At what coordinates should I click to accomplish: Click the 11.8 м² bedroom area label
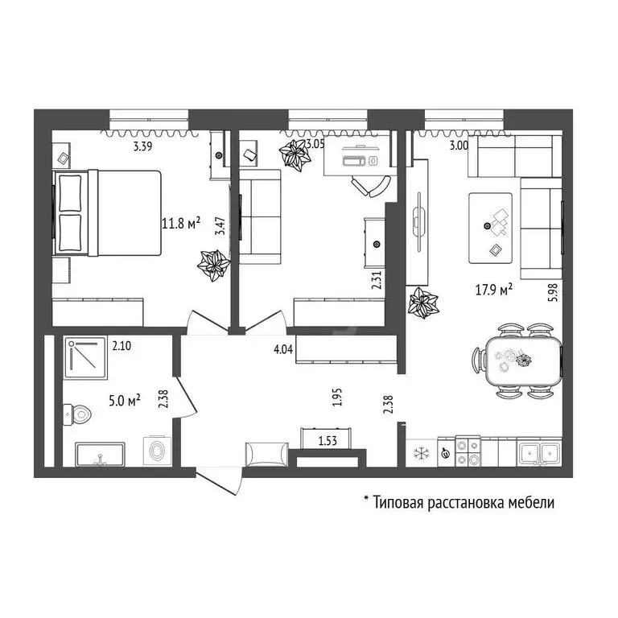pyautogui.click(x=181, y=224)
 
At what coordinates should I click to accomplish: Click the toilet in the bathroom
pyautogui.click(x=77, y=415)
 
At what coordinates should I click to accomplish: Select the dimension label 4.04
pyautogui.click(x=282, y=349)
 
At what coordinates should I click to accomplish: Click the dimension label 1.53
pyautogui.click(x=328, y=440)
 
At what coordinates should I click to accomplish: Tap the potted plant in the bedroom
pyautogui.click(x=214, y=265)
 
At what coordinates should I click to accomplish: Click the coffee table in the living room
pyautogui.click(x=491, y=227)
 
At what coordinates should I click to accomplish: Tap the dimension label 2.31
pyautogui.click(x=376, y=279)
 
